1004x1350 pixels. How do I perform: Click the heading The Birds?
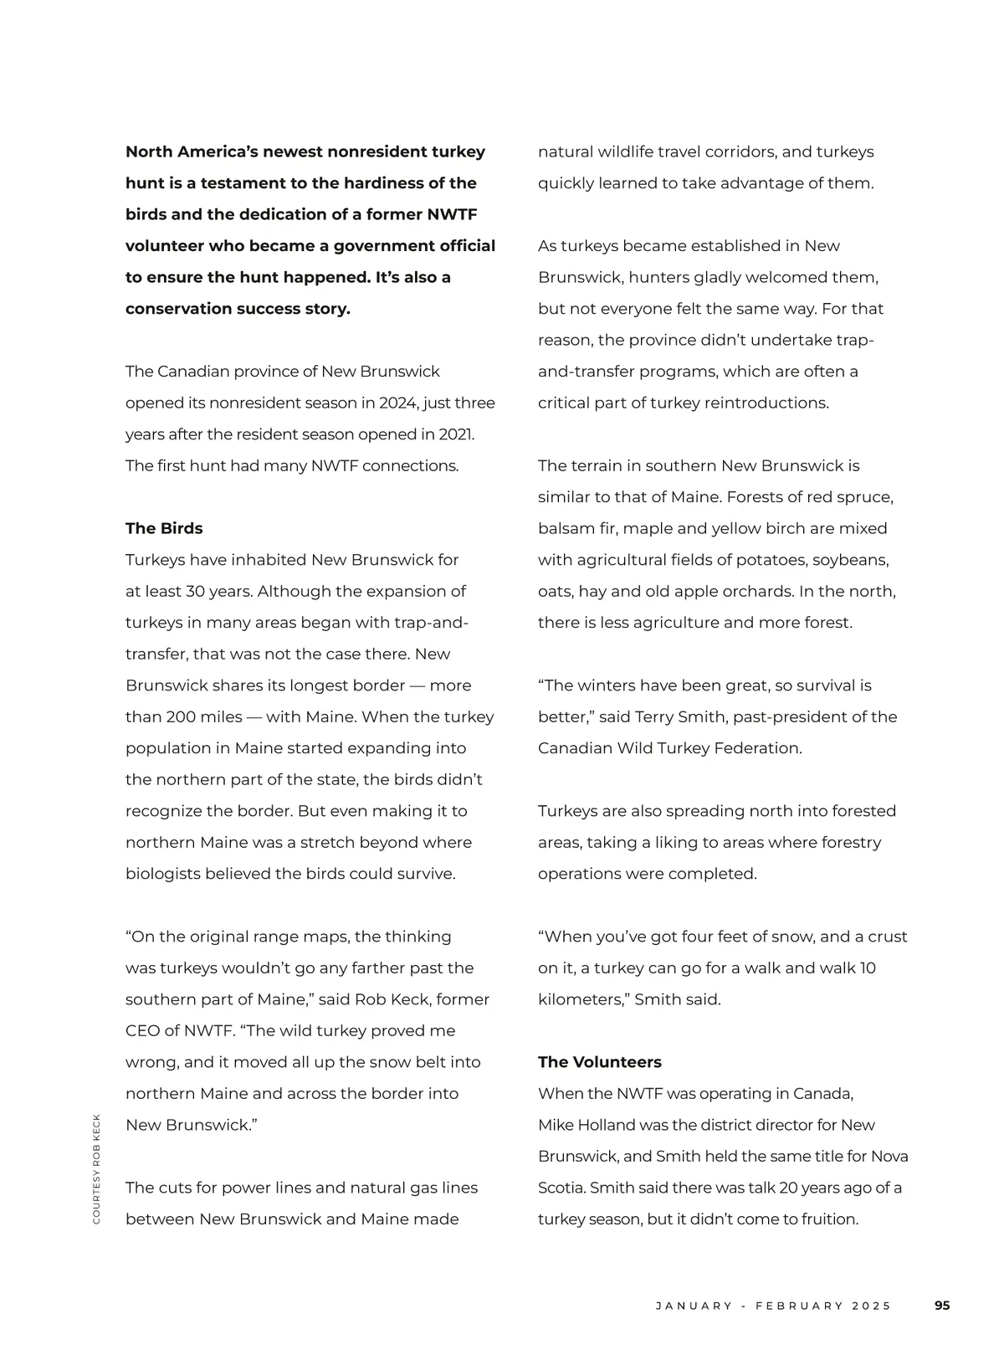tap(164, 528)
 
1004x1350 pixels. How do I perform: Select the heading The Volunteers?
tap(599, 1062)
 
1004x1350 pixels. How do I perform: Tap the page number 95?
tap(942, 1306)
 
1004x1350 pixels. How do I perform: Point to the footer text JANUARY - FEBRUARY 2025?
tap(773, 1306)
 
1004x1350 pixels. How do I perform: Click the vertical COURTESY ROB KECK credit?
tap(96, 1168)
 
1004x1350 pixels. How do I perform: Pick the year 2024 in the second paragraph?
tap(398, 403)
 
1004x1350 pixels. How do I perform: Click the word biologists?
tap(163, 874)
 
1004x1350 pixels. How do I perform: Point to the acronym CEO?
tap(141, 1031)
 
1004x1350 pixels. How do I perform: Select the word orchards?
tap(752, 591)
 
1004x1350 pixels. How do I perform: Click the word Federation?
tap(757, 748)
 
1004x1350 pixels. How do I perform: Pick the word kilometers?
tap(581, 999)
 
